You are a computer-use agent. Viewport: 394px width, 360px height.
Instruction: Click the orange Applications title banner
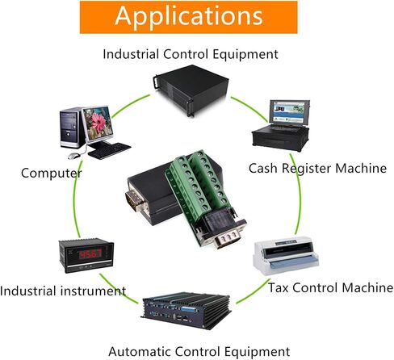[188, 17]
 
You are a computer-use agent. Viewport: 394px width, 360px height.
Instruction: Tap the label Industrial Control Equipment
[191, 54]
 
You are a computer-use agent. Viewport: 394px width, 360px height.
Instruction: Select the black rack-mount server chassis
[191, 90]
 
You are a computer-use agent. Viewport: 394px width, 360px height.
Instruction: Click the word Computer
[51, 173]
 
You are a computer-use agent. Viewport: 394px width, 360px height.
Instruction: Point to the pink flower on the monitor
[98, 122]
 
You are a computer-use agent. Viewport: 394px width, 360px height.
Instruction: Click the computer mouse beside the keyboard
[74, 156]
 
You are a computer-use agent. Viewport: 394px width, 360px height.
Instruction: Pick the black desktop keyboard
[109, 151]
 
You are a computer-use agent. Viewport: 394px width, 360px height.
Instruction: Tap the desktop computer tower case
[70, 128]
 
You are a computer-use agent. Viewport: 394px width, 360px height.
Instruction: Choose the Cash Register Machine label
[317, 169]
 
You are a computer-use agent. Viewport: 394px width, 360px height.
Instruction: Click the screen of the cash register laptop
[289, 112]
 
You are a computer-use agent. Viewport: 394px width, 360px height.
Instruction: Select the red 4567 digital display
[90, 253]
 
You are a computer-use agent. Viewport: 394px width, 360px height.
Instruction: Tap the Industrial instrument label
[63, 291]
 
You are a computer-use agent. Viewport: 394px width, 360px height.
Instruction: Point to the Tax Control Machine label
[331, 287]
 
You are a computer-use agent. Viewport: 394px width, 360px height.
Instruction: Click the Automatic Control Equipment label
[199, 352]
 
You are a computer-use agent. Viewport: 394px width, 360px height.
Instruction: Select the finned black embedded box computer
[187, 311]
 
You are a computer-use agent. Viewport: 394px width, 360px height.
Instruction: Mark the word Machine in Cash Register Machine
[361, 168]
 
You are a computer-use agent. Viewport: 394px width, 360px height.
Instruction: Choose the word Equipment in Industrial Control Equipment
[245, 54]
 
